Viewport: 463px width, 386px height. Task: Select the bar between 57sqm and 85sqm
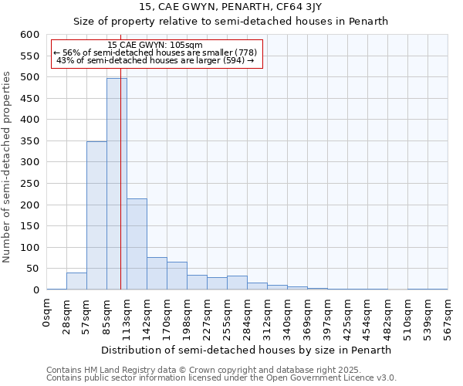[96, 215]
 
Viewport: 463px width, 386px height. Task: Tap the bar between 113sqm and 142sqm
[137, 244]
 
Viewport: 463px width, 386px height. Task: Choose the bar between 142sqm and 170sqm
[157, 273]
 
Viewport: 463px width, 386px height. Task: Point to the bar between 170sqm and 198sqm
[177, 276]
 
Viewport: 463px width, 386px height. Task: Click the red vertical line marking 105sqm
[121, 193]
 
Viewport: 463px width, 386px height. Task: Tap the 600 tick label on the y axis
[29, 35]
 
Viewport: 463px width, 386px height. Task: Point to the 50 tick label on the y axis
[32, 269]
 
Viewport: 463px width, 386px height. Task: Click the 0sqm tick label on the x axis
[47, 312]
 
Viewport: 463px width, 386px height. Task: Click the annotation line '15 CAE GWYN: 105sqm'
[157, 45]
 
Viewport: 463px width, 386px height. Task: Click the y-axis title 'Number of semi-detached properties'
[8, 167]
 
